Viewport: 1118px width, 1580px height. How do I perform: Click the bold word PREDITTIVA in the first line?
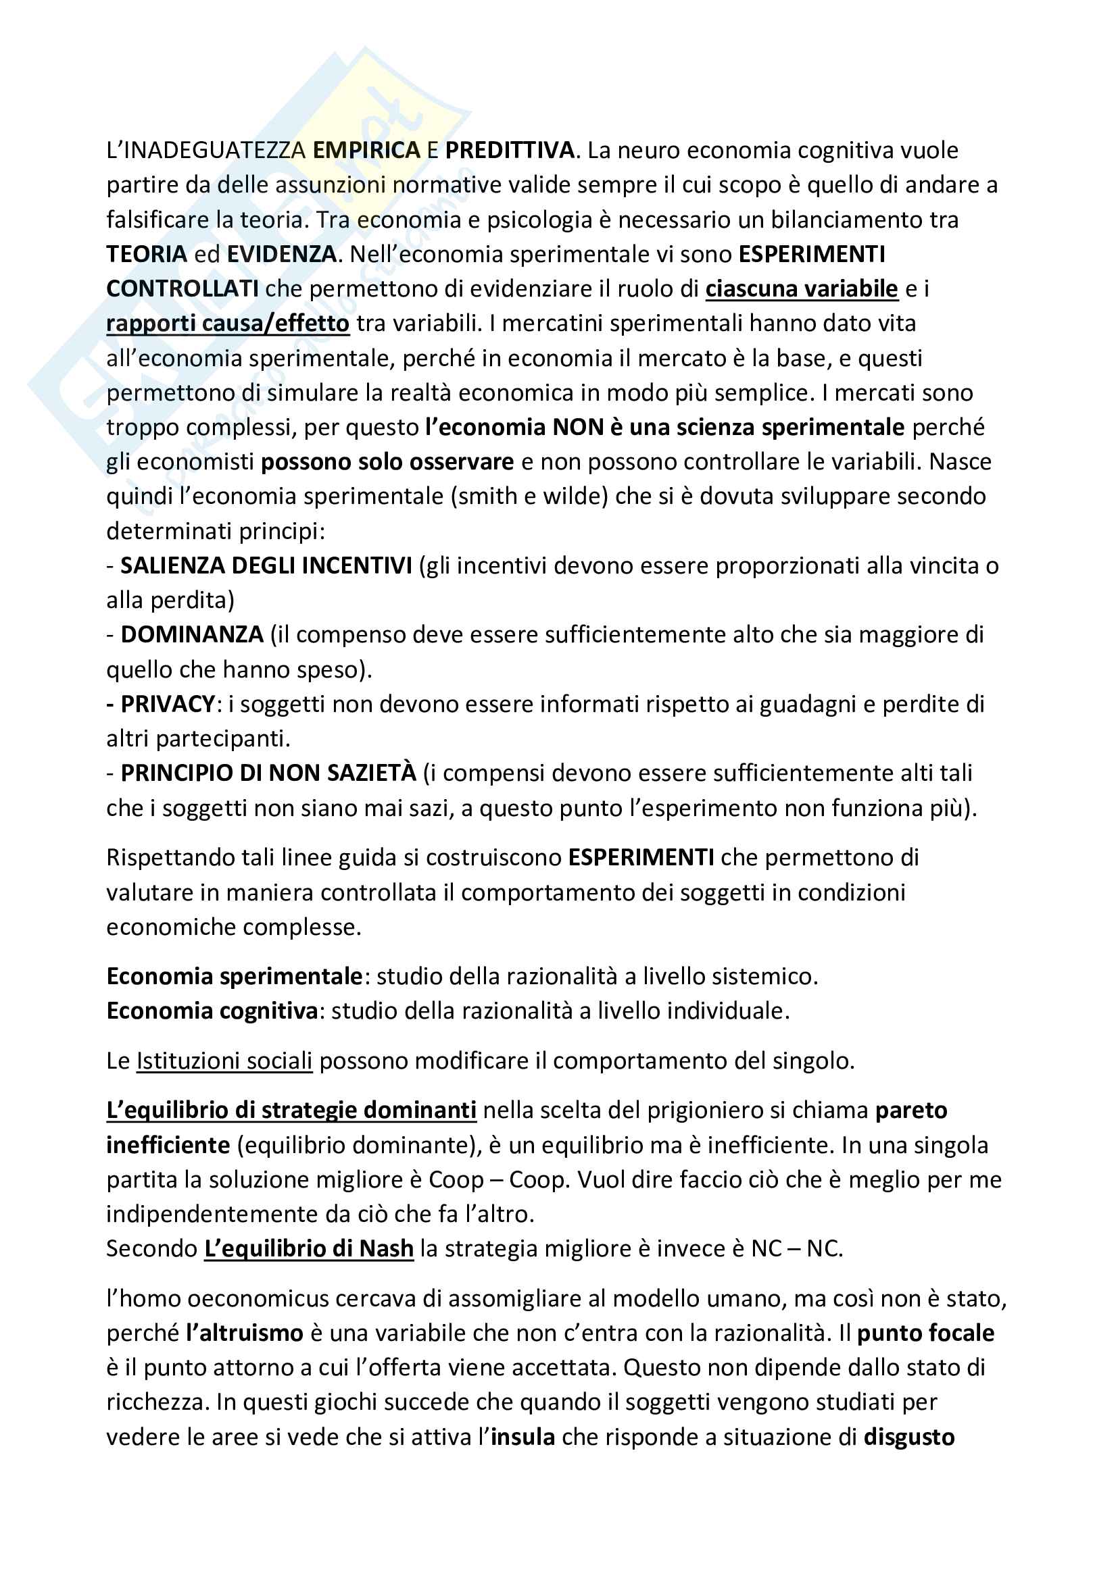tap(510, 150)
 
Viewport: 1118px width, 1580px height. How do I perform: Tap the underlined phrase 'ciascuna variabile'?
tap(802, 289)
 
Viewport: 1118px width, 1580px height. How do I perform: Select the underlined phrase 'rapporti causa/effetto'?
tap(228, 324)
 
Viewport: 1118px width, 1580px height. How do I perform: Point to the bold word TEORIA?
tap(147, 254)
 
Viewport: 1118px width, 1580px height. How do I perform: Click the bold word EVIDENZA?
tap(282, 254)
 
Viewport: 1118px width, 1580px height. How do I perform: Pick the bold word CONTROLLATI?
tap(183, 289)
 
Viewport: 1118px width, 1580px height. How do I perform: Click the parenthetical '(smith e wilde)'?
tap(529, 496)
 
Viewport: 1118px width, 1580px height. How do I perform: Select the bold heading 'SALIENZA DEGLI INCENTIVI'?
tap(266, 565)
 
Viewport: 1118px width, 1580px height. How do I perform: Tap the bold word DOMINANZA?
tap(192, 634)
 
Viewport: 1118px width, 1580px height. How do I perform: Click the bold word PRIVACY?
tap(168, 704)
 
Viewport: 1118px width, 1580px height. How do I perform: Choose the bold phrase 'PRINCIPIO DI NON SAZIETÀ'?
tap(268, 773)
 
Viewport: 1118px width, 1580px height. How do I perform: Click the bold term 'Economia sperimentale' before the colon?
tap(235, 976)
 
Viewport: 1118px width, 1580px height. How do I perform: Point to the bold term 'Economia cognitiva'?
tap(212, 1010)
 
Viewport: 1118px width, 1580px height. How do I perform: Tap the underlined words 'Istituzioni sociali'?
tap(224, 1061)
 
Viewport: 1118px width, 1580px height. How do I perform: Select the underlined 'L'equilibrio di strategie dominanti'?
tap(291, 1110)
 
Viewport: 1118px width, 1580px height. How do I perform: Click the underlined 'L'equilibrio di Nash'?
tap(309, 1248)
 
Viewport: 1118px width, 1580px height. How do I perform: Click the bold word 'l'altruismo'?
tap(245, 1333)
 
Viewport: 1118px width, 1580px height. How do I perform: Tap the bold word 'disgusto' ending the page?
tap(908, 1437)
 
